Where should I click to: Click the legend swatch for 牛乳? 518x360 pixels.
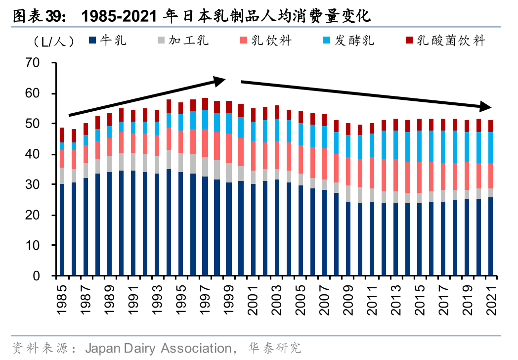(92, 40)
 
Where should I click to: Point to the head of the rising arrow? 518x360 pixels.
(220, 79)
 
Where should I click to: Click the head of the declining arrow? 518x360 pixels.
(487, 106)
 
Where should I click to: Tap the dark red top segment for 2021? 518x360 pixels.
(491, 126)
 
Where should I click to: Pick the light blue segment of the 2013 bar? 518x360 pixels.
(395, 144)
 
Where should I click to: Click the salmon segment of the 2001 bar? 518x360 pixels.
(253, 156)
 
